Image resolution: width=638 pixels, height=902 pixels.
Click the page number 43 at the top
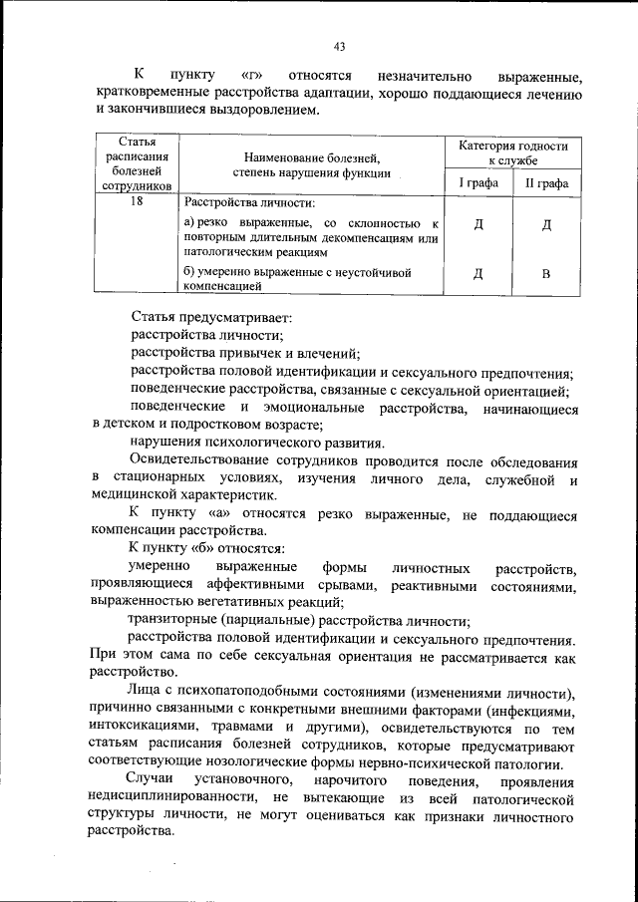click(x=339, y=46)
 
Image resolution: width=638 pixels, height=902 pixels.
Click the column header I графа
click(x=478, y=184)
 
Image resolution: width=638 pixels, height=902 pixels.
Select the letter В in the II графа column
click(x=545, y=275)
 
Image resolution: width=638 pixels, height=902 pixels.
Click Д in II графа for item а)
click(x=545, y=224)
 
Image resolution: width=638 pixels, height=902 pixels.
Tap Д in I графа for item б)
click(x=478, y=275)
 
